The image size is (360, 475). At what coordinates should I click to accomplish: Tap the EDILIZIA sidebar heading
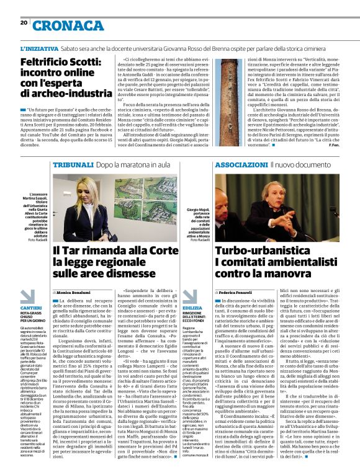click(x=192, y=308)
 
